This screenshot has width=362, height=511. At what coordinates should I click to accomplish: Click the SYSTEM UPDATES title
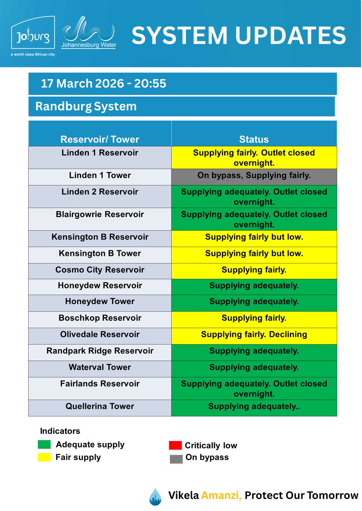tap(238, 35)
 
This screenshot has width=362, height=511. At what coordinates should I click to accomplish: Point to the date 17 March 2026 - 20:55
tap(103, 83)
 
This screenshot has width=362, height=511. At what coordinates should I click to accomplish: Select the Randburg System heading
tap(86, 106)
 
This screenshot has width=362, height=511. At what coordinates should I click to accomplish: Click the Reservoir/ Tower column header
tap(100, 139)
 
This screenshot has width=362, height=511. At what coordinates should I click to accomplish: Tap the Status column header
tap(254, 139)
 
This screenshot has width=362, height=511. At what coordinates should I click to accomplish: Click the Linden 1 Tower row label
tap(100, 175)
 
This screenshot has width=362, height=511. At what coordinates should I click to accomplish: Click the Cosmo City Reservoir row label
tap(100, 270)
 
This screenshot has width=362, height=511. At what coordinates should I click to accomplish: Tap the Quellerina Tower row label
tap(100, 407)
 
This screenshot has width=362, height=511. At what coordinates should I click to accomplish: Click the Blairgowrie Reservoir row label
tap(100, 215)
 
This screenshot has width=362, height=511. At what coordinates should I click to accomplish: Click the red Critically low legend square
tap(175, 445)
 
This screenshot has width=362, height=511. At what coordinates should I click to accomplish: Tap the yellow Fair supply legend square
tap(44, 457)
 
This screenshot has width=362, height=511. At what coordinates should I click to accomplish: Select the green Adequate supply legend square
tap(44, 445)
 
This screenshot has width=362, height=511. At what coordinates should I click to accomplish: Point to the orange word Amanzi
tap(222, 495)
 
